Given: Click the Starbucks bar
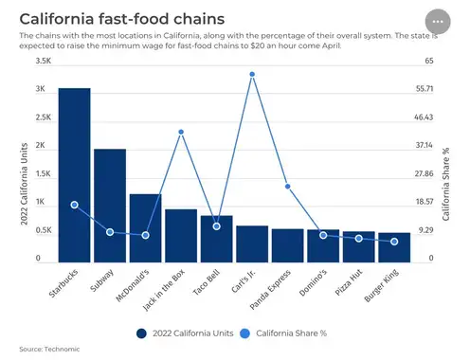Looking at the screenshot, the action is pos(74,175).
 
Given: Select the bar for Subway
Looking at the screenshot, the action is pos(110,206).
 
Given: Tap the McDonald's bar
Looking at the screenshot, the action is pos(145,228).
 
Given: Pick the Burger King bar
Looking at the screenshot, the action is pos(394,247).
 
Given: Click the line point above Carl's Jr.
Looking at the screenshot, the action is pos(252,75).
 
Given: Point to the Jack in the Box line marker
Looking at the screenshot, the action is pos(181,132).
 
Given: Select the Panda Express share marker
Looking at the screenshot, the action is pos(288,187).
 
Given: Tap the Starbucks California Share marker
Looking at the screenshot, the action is pos(74,205).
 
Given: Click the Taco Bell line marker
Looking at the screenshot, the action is pos(216,226).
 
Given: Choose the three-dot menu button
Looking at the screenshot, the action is pos(438,22).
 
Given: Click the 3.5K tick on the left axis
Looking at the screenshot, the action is pos(44,61).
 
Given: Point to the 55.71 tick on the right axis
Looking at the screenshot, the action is pos(425,89).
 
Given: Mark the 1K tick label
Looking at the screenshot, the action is pos(40,202).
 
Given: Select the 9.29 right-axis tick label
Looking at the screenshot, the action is pos(426,230).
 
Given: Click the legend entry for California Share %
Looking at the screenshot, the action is pos(283,333).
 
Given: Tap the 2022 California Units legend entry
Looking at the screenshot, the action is pos(185,333).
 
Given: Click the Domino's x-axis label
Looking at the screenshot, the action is pos(313,283).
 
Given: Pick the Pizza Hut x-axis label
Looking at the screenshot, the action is pos(349,282).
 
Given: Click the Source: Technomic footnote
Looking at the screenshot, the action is pos(49,349).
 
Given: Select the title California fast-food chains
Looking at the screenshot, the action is pos(122,19).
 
